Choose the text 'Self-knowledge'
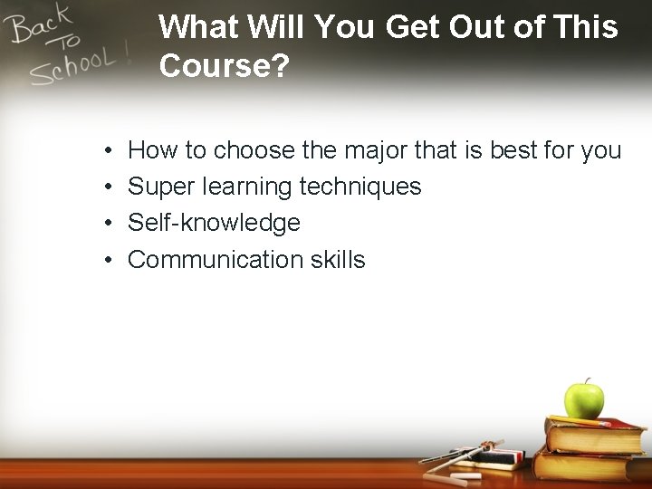click(214, 223)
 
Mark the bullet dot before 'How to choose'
click(107, 150)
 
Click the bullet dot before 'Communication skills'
click(107, 261)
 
